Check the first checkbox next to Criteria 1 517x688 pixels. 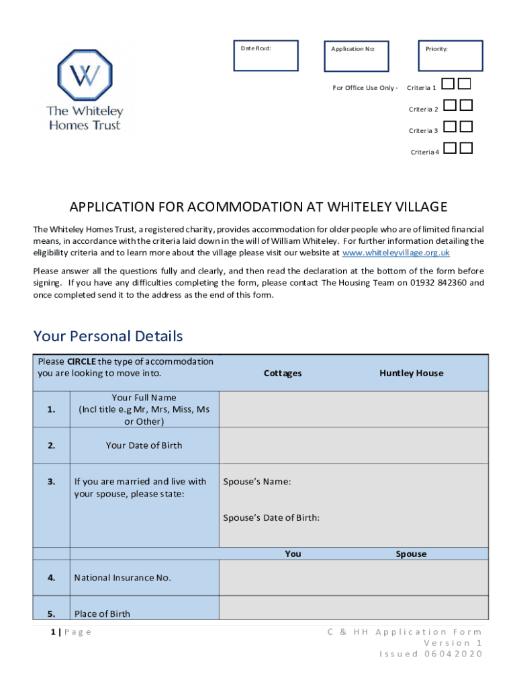click(x=449, y=84)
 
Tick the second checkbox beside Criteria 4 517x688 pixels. click(x=466, y=148)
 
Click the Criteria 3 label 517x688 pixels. click(x=423, y=130)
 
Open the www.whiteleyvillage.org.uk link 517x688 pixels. click(x=395, y=253)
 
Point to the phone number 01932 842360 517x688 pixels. click(x=438, y=283)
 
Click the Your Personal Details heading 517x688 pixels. click(x=108, y=336)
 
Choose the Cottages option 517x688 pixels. click(x=283, y=373)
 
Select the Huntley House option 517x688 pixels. click(x=411, y=373)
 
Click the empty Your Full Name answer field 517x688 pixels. click(x=353, y=409)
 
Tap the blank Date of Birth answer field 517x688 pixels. click(x=353, y=445)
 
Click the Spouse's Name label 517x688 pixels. click(x=257, y=481)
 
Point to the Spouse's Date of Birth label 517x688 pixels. click(x=271, y=517)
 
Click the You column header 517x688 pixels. click(x=293, y=554)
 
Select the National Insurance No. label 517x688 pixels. click(x=123, y=577)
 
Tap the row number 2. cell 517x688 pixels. click(x=52, y=445)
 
